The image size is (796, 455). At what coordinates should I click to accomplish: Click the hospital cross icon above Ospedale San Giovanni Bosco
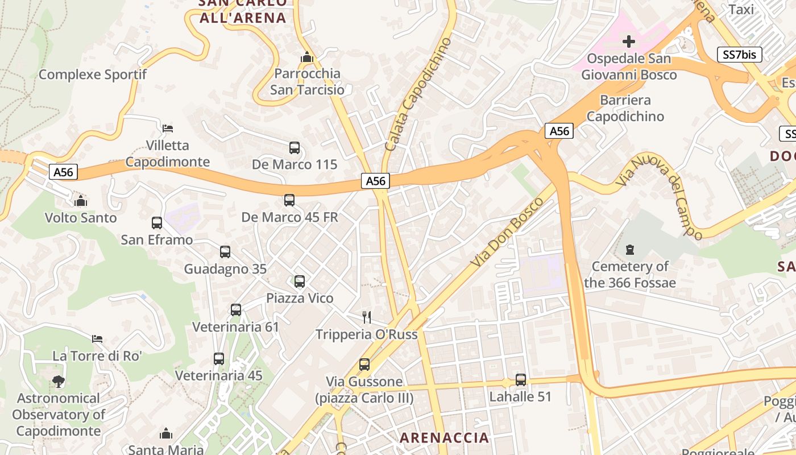(628, 41)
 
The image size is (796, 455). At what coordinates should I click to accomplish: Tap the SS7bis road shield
(739, 55)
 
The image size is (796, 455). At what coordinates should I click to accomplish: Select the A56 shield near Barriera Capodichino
(559, 131)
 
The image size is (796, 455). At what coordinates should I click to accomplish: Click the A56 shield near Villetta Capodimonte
(63, 172)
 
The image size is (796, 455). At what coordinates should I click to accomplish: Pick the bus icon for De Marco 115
(295, 148)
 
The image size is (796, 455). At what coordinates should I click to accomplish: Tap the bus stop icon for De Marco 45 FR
(289, 200)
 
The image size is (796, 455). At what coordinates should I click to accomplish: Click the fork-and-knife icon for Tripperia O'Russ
(367, 317)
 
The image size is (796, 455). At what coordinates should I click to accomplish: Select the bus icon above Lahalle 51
(520, 380)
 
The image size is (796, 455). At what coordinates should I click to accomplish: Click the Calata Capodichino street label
(418, 94)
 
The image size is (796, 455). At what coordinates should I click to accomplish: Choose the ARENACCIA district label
(444, 437)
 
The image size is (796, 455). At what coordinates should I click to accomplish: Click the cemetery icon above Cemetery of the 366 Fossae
(629, 249)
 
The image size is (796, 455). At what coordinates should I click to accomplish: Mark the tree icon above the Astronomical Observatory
(58, 381)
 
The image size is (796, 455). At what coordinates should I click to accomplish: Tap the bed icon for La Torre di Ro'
(97, 339)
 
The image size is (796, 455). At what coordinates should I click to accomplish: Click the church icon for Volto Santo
(81, 201)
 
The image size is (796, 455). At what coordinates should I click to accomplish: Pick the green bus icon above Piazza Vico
(300, 281)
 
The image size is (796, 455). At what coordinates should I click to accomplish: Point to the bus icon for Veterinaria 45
(219, 359)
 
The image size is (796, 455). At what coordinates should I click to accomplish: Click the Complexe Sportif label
(93, 75)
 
